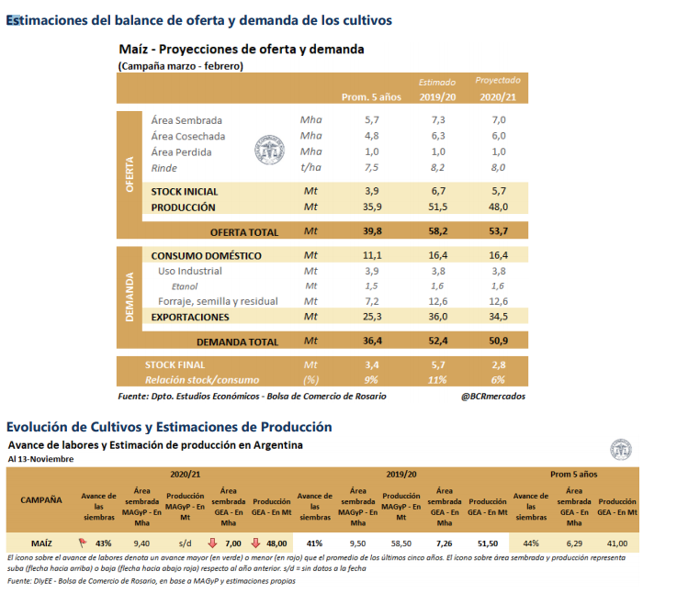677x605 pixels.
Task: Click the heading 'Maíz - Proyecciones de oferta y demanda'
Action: (x=241, y=50)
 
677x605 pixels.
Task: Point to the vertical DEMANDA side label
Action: (x=130, y=297)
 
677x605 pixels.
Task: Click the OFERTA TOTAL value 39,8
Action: (x=371, y=231)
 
